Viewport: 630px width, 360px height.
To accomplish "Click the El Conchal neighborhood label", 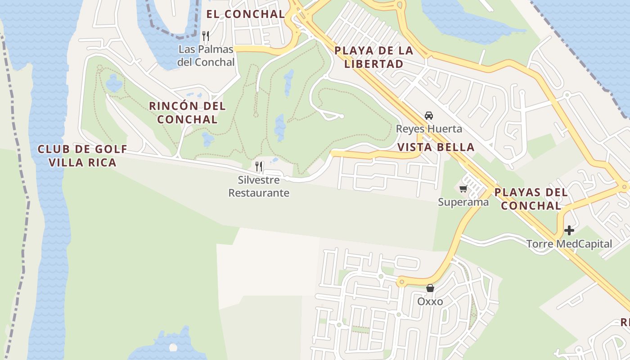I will [x=246, y=14].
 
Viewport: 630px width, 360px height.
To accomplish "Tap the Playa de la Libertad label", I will [x=374, y=57].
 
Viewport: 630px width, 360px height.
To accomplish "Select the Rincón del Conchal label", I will [x=187, y=113].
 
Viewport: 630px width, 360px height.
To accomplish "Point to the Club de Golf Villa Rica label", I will [x=82, y=156].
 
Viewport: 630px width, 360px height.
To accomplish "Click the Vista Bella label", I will [x=436, y=147].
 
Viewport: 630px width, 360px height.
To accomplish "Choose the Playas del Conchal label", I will [x=531, y=199].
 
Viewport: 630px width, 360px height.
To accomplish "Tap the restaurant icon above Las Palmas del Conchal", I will [x=206, y=36].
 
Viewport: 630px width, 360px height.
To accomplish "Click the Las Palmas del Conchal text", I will [x=206, y=56].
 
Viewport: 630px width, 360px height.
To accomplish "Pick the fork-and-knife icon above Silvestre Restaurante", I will [x=259, y=166].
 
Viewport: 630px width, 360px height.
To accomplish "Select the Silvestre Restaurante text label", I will [x=259, y=186].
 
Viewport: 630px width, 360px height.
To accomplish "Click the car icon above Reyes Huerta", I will [x=429, y=115].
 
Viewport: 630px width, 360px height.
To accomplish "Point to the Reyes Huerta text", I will [x=429, y=129].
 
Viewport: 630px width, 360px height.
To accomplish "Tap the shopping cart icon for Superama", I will [x=463, y=189].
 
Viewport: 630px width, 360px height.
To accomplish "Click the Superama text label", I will [x=463, y=202].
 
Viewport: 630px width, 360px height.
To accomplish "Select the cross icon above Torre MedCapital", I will [x=569, y=230].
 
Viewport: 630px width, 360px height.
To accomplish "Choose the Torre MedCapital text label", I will [x=569, y=244].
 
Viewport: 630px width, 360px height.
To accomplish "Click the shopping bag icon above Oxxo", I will [x=430, y=288].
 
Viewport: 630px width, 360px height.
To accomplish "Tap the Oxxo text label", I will [x=430, y=301].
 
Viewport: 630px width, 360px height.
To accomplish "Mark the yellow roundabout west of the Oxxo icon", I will [x=401, y=282].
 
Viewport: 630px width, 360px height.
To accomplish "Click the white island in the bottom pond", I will [x=173, y=347].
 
